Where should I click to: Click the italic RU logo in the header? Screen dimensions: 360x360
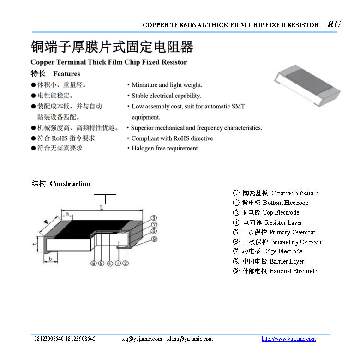point(334,24)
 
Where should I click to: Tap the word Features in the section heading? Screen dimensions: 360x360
point(66,74)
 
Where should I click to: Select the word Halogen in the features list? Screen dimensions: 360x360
point(144,149)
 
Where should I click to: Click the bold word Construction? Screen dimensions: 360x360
point(70,184)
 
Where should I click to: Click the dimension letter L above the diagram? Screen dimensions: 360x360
point(102,208)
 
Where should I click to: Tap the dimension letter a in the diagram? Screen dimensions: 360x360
point(67,214)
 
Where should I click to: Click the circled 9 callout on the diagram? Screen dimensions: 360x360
point(154,239)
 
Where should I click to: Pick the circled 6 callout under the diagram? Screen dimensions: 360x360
point(93,264)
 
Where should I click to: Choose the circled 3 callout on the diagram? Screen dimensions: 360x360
point(154,218)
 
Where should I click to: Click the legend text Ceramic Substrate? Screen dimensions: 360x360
point(294,193)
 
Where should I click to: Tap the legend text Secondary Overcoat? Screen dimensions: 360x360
point(297,242)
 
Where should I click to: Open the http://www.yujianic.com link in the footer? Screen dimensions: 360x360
point(288,339)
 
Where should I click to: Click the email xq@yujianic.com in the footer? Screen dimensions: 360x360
point(142,339)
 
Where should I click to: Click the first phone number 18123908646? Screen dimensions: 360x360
point(49,339)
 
